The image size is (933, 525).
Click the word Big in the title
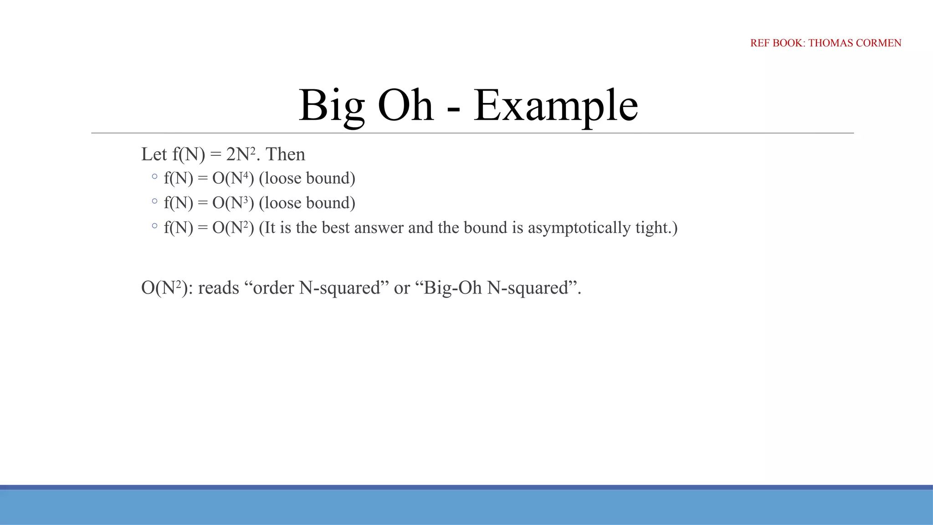[331, 106]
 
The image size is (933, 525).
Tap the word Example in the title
[555, 106]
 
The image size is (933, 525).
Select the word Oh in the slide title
[405, 106]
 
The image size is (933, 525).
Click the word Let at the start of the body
[154, 154]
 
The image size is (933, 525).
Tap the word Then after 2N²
[285, 154]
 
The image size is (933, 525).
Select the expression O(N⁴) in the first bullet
[233, 178]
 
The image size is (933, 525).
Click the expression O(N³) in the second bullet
[233, 203]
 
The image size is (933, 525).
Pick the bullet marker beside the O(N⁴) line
[154, 176]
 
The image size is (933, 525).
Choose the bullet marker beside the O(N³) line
[154, 201]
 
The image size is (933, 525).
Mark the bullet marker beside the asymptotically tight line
[154, 225]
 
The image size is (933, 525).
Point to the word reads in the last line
[219, 288]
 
